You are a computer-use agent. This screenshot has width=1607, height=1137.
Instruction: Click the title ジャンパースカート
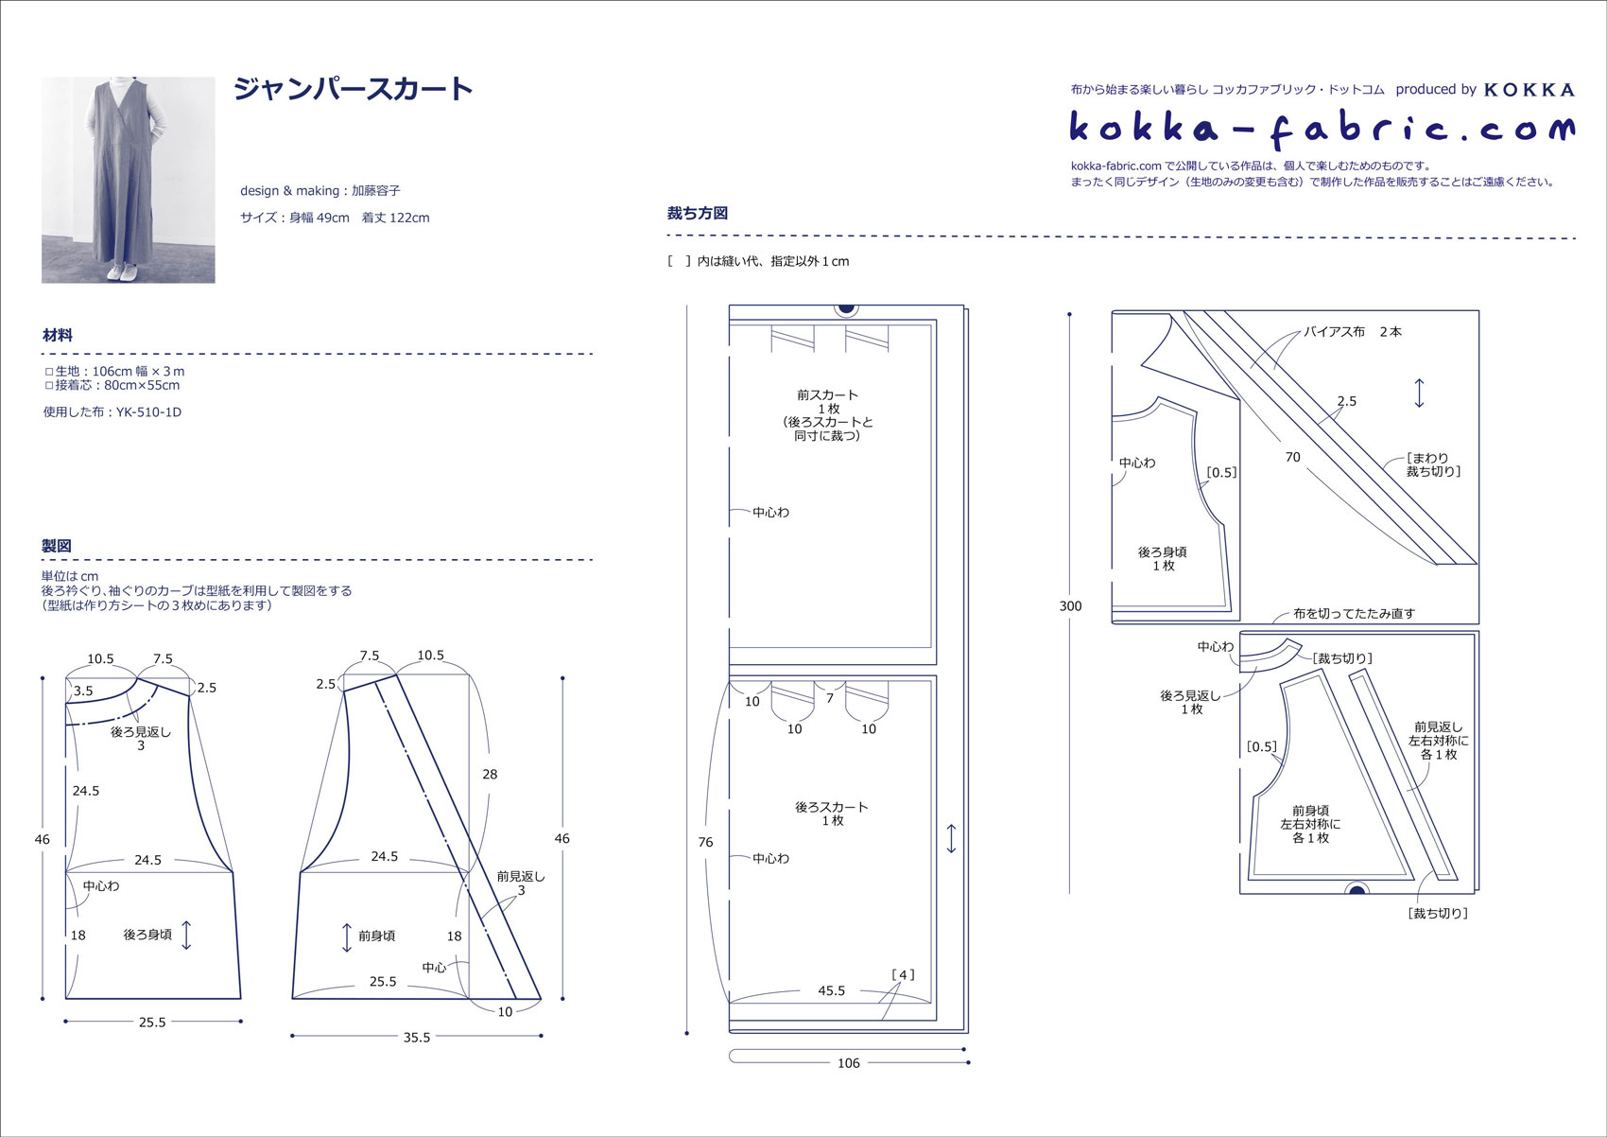tap(353, 89)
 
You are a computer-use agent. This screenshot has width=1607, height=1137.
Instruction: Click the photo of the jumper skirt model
tap(129, 180)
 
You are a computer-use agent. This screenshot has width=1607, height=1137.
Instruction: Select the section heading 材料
tap(58, 335)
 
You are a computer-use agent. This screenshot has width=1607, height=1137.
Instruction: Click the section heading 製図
tap(56, 546)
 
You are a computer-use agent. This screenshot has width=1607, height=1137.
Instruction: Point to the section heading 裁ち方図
tap(698, 213)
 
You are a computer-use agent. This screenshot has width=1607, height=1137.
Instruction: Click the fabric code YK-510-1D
tap(148, 412)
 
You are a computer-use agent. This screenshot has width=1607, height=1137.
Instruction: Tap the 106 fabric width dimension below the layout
tap(848, 1063)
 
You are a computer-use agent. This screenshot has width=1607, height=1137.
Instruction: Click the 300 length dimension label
tap(1070, 605)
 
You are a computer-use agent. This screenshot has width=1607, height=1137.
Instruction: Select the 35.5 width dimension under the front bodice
tap(416, 1038)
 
